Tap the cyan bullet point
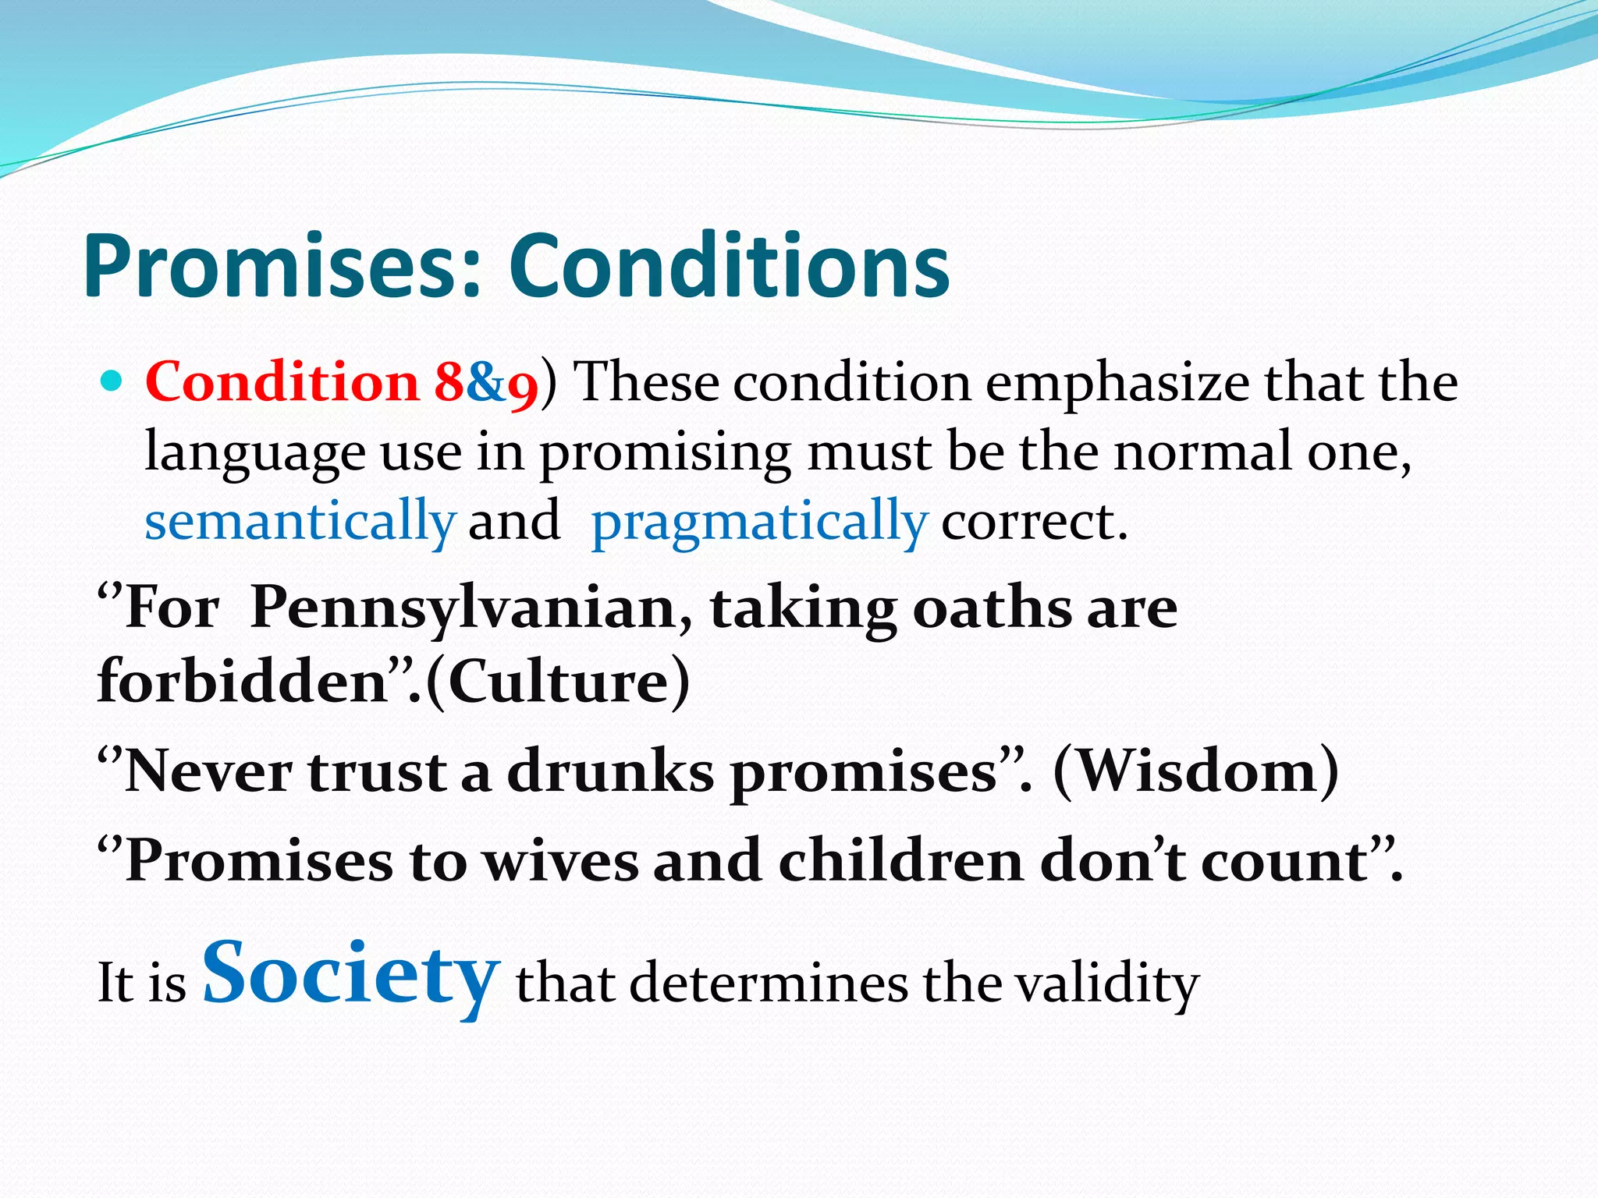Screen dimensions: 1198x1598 [112, 382]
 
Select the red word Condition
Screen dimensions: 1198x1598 [282, 382]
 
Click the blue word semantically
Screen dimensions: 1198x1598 [300, 521]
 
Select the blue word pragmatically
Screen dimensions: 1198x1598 [759, 523]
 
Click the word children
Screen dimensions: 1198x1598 [900, 862]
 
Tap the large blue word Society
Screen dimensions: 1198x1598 [351, 975]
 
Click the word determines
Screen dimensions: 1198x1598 [769, 984]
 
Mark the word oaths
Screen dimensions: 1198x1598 [991, 608]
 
